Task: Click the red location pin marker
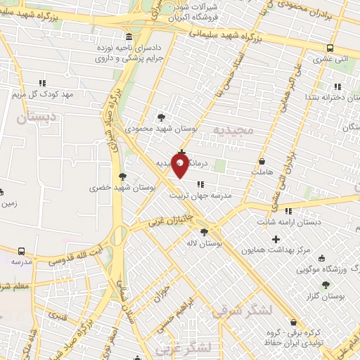point(181,166)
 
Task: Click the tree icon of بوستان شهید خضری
point(123,176)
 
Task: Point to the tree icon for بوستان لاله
point(204,231)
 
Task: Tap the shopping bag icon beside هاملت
point(262,160)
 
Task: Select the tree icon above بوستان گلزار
point(325,285)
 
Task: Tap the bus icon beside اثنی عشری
point(330,48)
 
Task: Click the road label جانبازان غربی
point(170,221)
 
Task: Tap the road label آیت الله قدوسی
point(80,250)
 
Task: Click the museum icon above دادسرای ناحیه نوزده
point(128,37)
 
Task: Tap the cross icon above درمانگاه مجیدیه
point(182,152)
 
